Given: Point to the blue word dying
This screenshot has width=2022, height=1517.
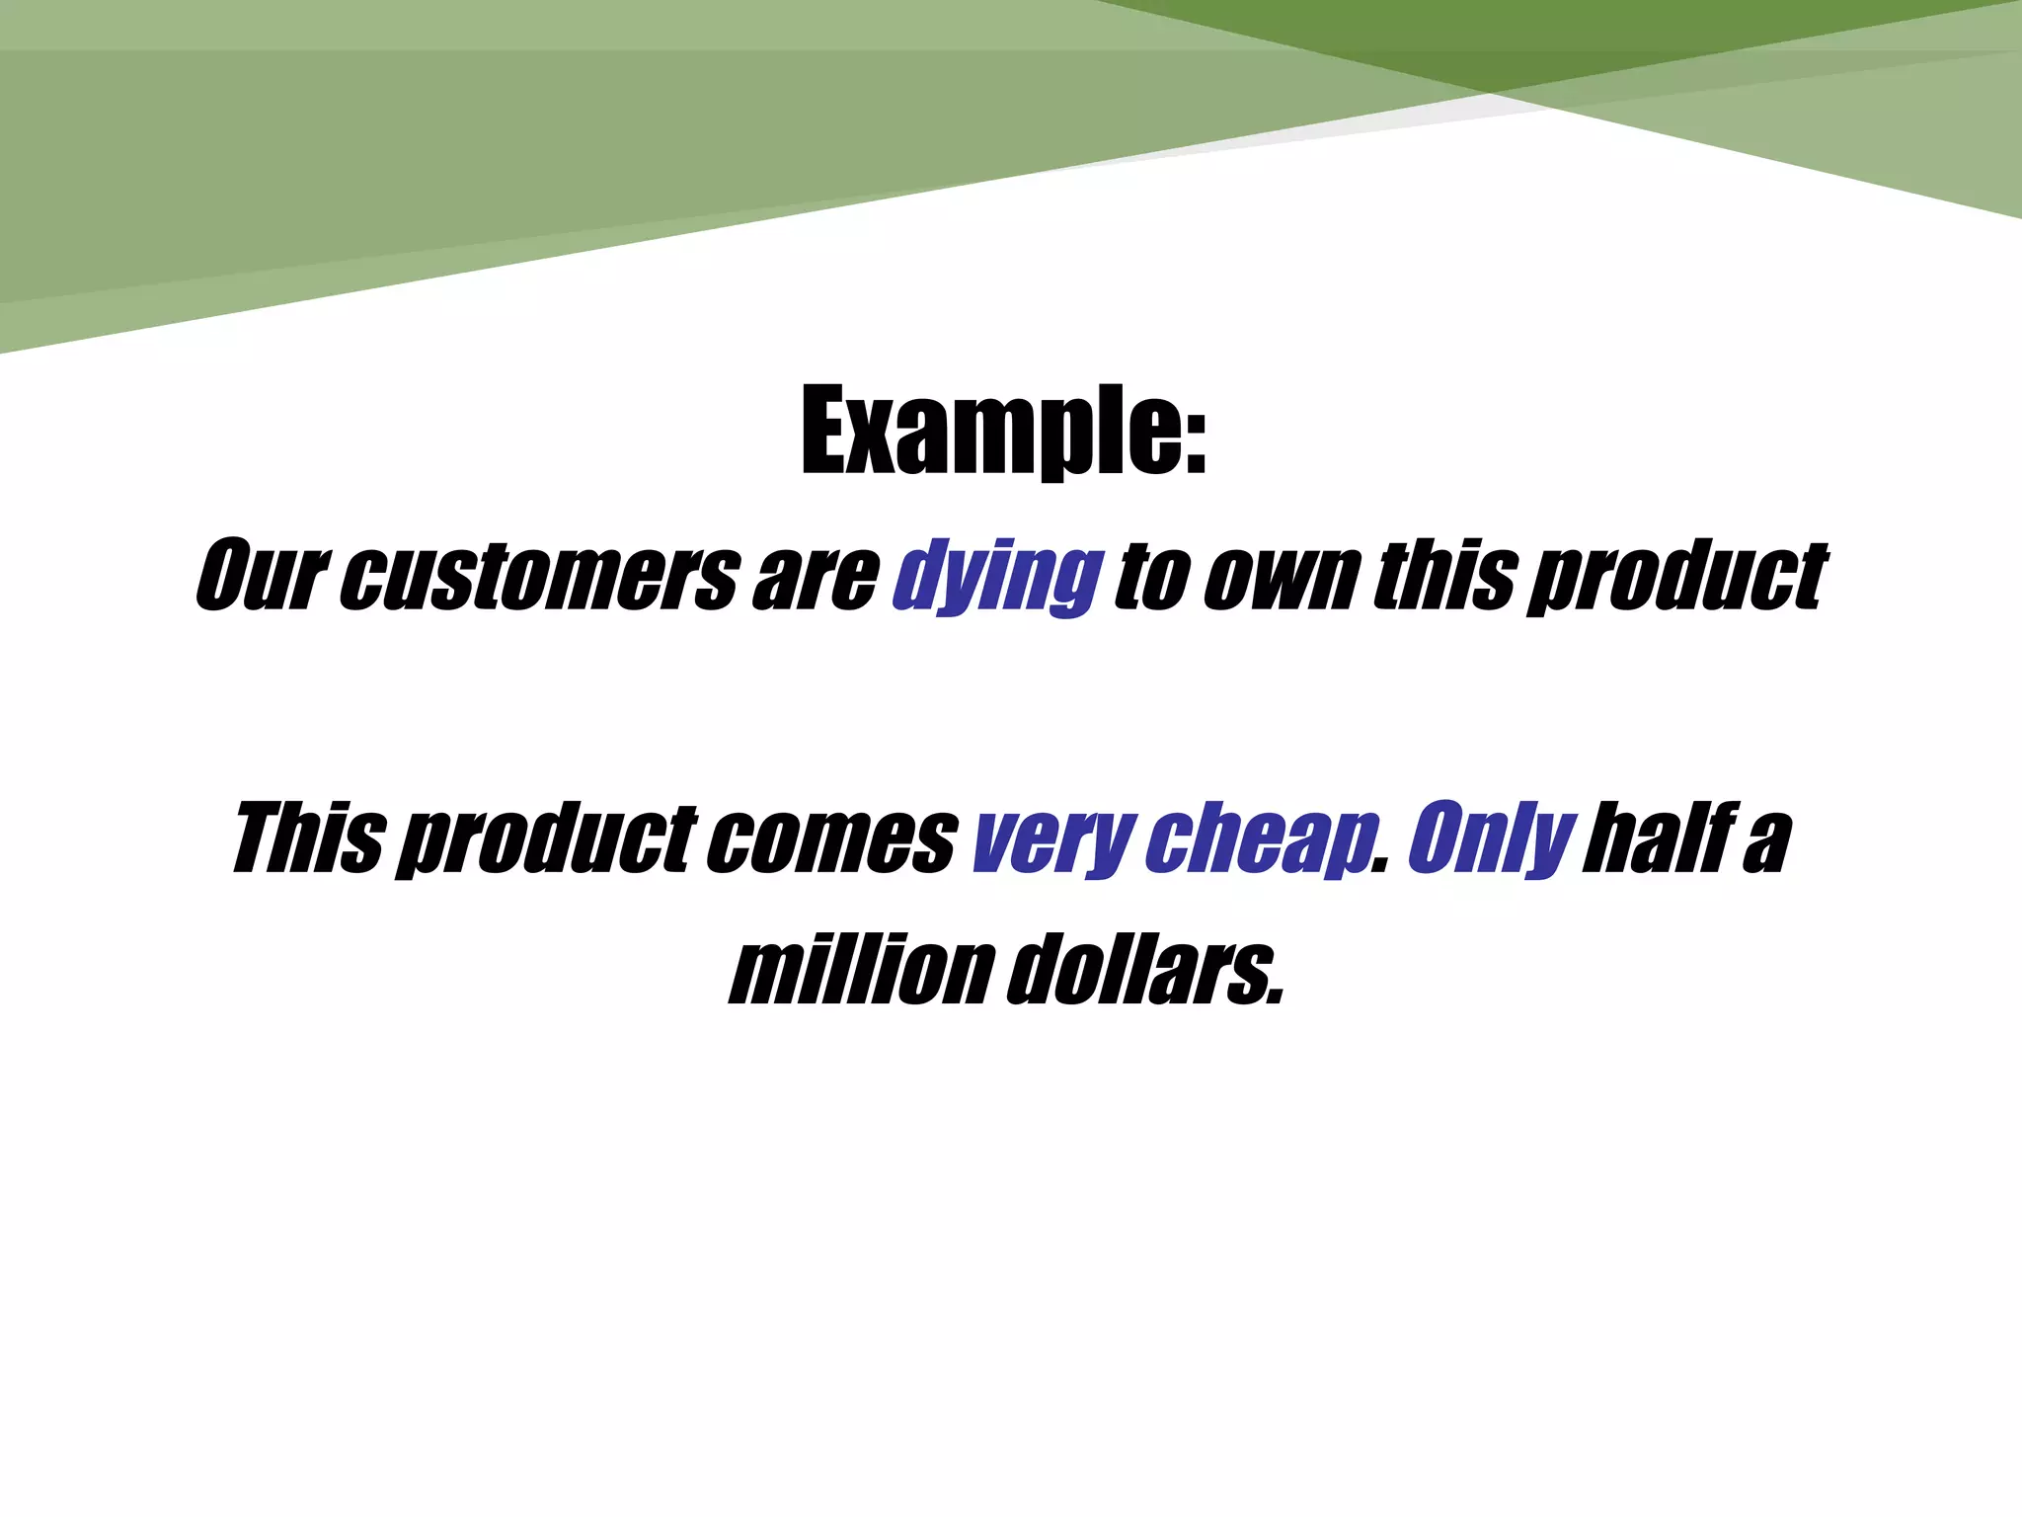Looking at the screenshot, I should (x=997, y=578).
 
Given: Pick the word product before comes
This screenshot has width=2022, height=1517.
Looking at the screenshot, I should (x=549, y=841).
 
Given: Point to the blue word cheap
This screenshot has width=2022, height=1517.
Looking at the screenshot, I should (x=1259, y=841).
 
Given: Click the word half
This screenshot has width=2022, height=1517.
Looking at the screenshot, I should (x=1654, y=839).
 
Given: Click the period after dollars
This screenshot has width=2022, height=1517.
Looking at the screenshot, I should (x=1277, y=998).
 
